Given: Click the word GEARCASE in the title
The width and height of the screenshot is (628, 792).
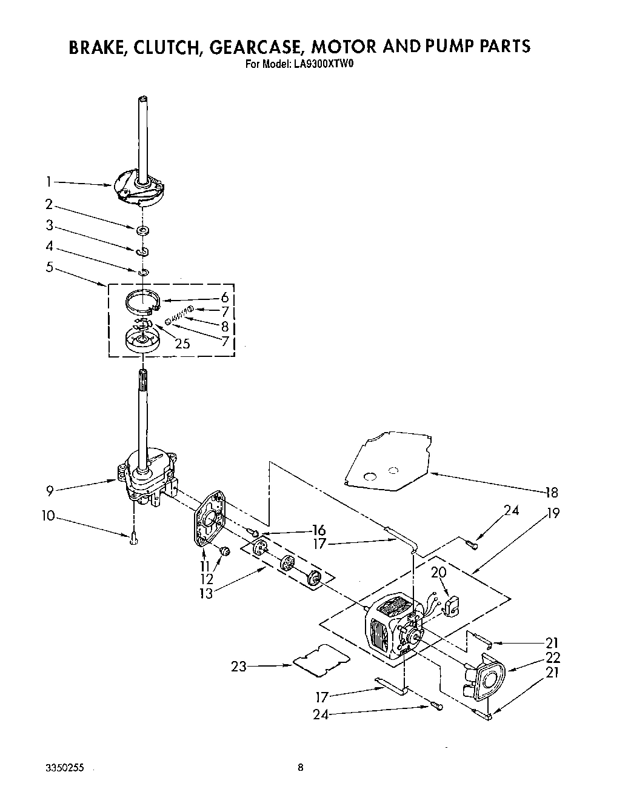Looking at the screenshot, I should tap(258, 47).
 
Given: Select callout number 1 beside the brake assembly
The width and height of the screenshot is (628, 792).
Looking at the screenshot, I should tap(49, 180).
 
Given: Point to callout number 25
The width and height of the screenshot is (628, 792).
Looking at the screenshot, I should tap(182, 344).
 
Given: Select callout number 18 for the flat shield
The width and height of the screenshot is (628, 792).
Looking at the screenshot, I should tap(550, 492).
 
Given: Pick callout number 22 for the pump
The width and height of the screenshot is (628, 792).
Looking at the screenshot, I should tap(552, 657).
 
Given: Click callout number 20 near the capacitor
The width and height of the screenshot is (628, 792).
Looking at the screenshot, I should tap(438, 573).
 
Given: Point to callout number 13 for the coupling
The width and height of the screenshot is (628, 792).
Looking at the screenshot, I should tap(206, 593).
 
